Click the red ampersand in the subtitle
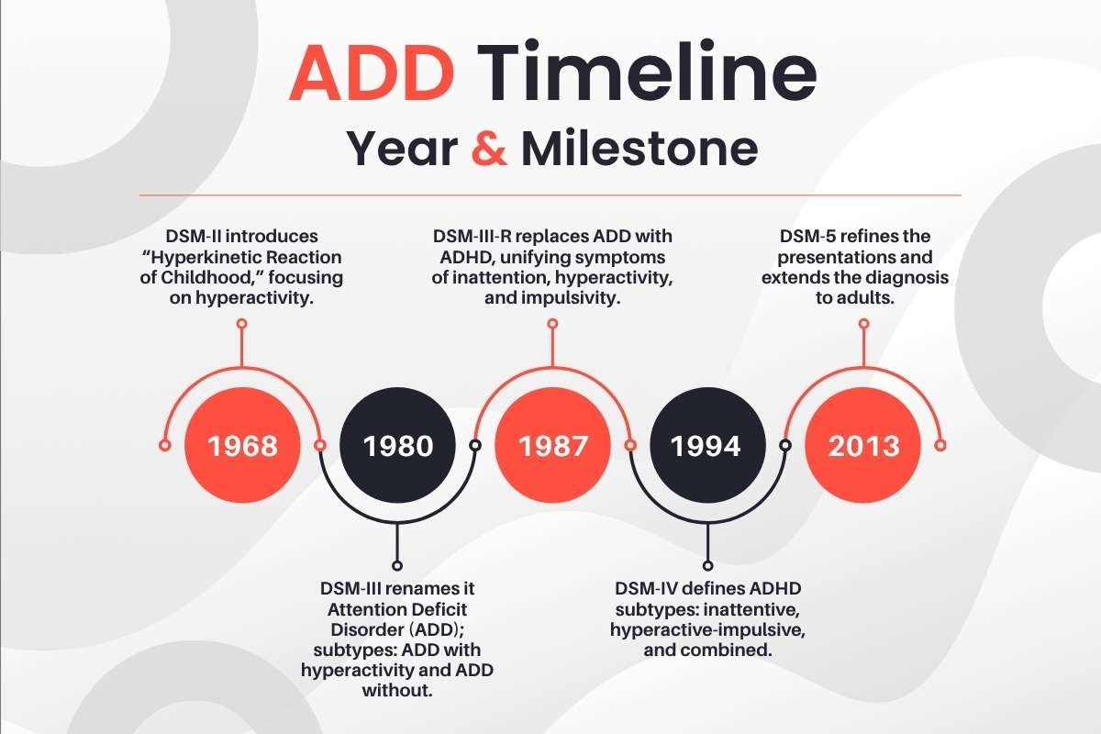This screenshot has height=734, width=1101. [x=488, y=150]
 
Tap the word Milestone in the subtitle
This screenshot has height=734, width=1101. [x=639, y=150]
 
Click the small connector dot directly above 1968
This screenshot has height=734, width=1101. [x=242, y=324]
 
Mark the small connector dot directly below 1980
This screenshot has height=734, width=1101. [x=397, y=565]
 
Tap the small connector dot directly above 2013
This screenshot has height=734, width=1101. [x=862, y=324]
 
